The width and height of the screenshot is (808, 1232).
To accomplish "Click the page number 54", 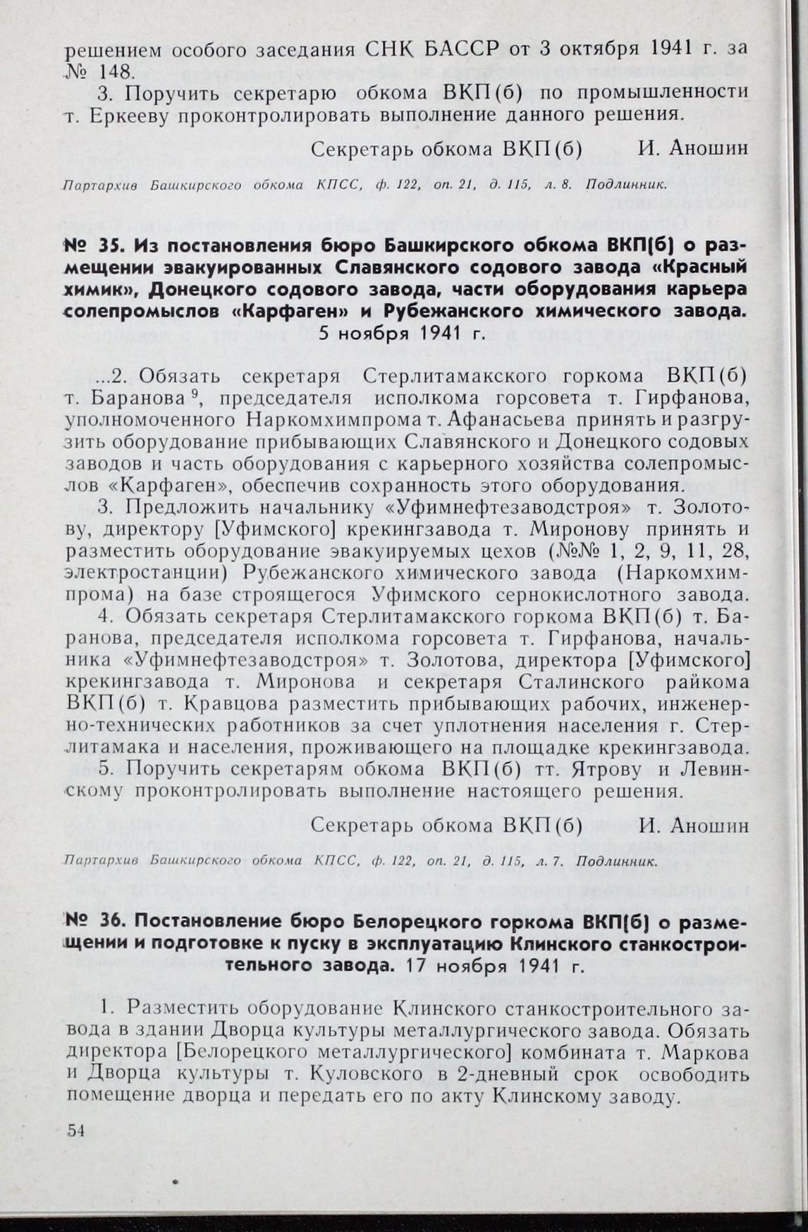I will pos(75,1130).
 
